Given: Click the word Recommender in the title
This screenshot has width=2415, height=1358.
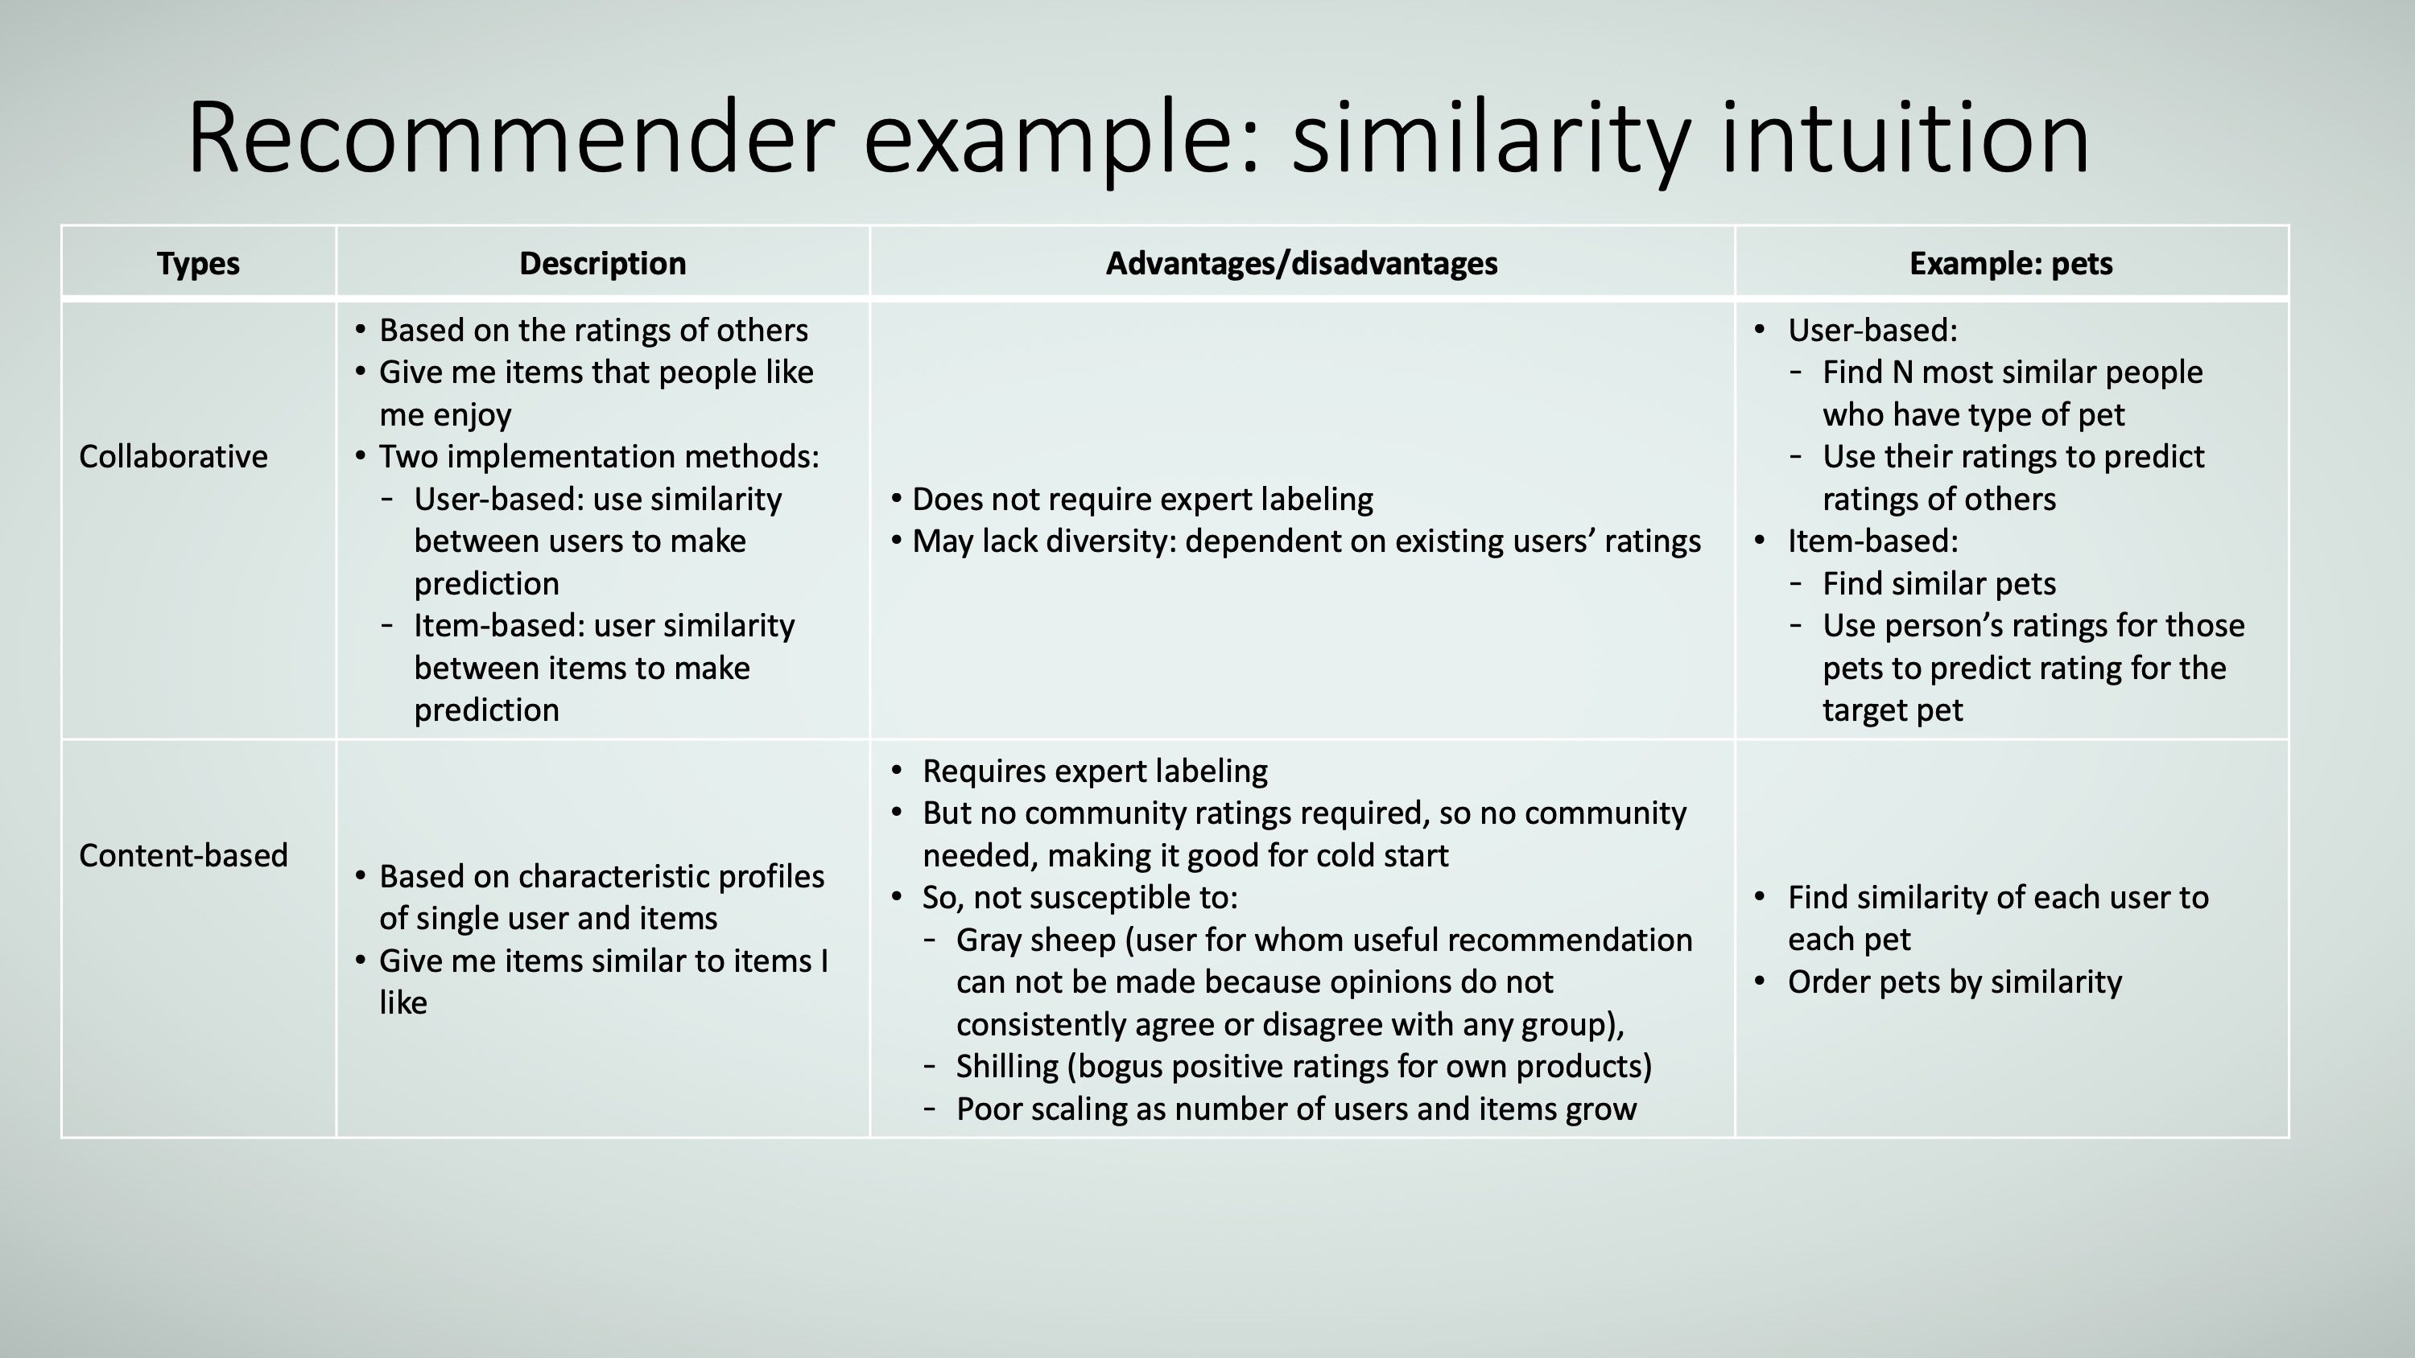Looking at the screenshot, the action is click(x=511, y=138).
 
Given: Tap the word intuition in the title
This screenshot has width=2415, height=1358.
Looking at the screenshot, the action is click(x=1905, y=138).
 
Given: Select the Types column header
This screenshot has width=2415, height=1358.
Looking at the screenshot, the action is click(x=198, y=263).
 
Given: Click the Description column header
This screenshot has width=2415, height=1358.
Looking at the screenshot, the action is click(x=603, y=263).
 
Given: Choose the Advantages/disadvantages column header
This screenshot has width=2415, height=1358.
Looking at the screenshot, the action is click(x=1301, y=263).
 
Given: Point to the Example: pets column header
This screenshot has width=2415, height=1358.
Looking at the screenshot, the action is click(x=2011, y=263).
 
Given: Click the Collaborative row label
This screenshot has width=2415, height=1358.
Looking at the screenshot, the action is click(x=173, y=456).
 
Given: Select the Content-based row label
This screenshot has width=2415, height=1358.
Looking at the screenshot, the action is click(x=184, y=854).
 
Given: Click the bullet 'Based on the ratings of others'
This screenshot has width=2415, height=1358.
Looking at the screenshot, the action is click(x=593, y=330).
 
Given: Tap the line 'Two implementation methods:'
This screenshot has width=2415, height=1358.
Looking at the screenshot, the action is click(x=599, y=456).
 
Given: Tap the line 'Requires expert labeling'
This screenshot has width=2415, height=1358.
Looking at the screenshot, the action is click(x=1095, y=771).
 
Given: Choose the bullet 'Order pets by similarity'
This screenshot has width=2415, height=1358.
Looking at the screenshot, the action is click(x=1955, y=982).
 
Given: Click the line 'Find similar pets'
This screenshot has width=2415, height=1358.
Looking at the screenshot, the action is click(x=1938, y=583).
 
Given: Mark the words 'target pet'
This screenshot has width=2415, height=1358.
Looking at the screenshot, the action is click(x=1893, y=710).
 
